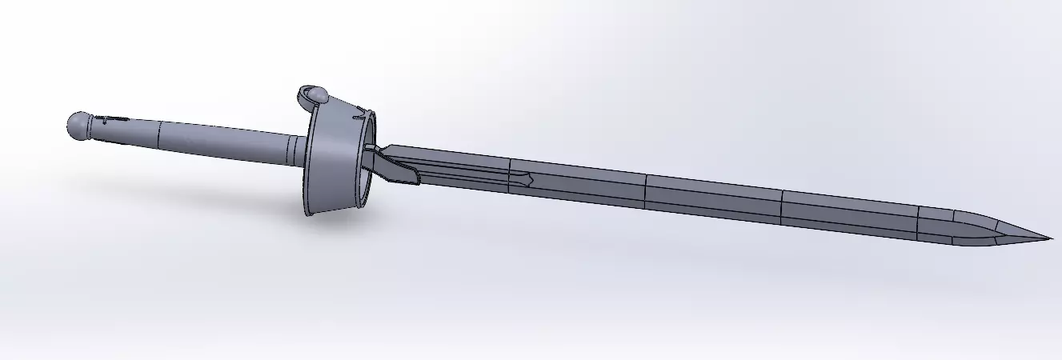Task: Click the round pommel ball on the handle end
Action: click(78, 125)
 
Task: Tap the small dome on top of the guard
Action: click(318, 96)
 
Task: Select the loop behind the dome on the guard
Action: click(304, 97)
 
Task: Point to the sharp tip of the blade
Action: click(1048, 238)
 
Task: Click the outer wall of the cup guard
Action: click(330, 164)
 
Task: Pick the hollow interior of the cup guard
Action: click(364, 172)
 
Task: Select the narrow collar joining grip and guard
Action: click(298, 151)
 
